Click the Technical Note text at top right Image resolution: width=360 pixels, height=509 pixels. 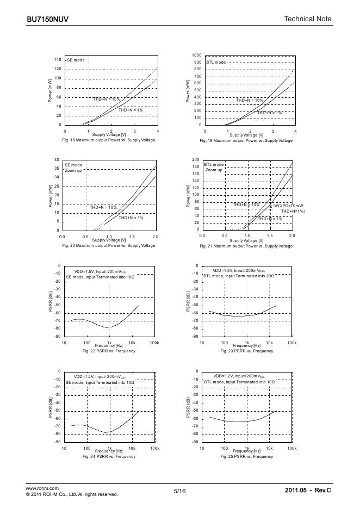click(307, 19)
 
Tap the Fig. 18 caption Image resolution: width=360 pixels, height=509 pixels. click(109, 140)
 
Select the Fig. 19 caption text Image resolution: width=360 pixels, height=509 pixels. click(246, 141)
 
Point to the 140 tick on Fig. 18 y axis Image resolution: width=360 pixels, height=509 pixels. click(58, 59)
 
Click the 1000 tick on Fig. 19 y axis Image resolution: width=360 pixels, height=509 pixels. click(196, 55)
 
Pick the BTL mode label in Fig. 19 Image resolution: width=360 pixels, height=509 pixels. click(216, 63)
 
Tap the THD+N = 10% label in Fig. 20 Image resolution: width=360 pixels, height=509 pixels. click(103, 207)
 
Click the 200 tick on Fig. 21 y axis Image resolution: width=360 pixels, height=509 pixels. click(196, 159)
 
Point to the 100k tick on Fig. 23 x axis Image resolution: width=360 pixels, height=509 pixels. click(292, 343)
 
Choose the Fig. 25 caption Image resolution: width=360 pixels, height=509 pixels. click(246, 457)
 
